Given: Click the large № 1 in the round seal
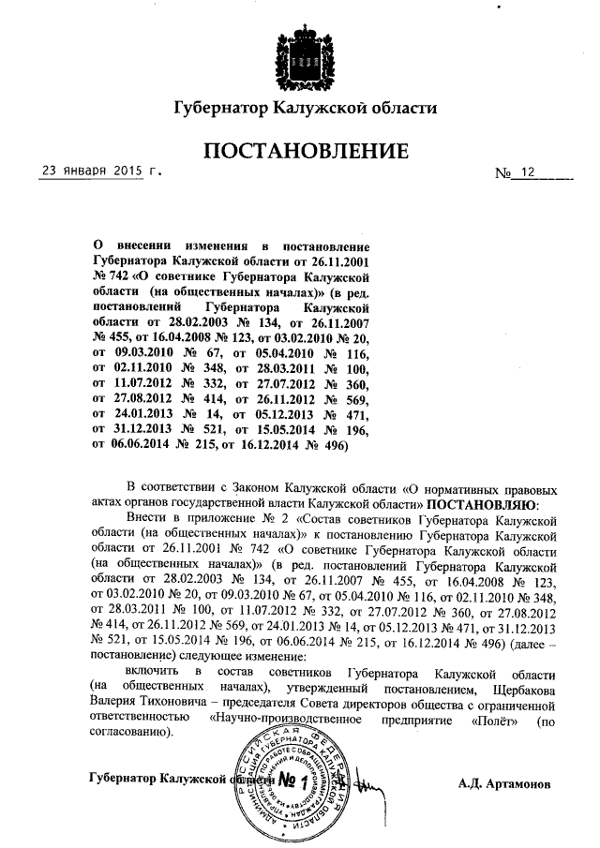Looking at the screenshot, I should click(292, 781).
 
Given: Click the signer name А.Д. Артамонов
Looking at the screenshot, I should click(505, 782).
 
